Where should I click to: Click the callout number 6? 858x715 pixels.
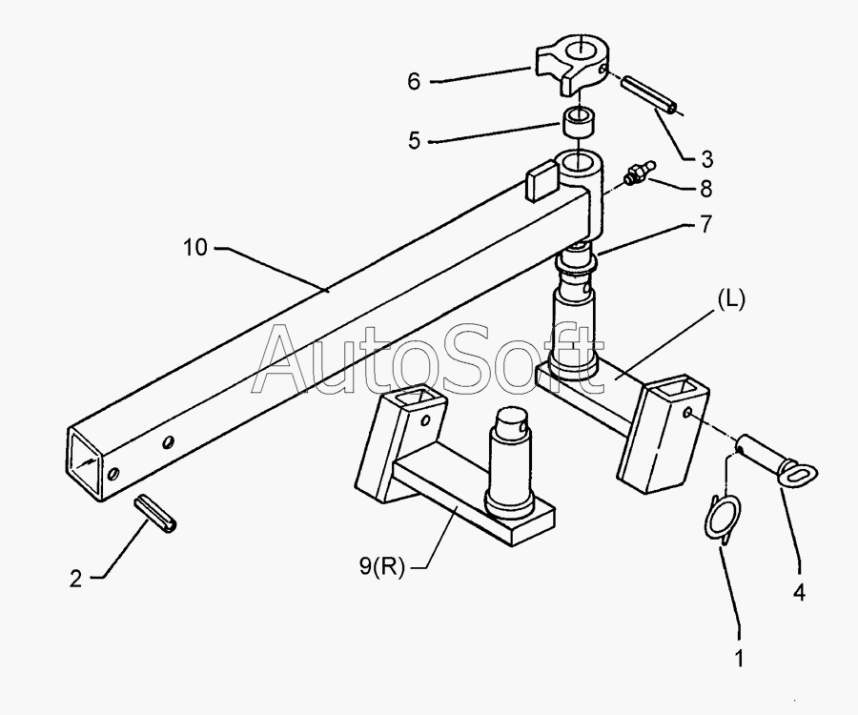coord(414,82)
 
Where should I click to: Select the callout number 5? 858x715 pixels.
coord(414,141)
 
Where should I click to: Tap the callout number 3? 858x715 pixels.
coord(705,157)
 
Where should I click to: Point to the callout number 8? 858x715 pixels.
coord(706,189)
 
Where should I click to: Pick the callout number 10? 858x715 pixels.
coord(195,248)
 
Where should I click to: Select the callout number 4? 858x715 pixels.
coord(799,592)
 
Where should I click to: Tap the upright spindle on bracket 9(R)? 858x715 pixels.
coord(514,458)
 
